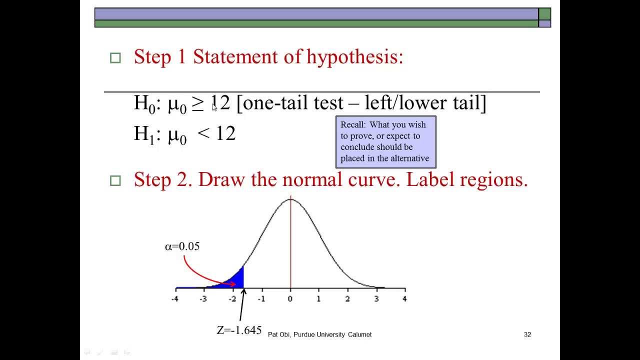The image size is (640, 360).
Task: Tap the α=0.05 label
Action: coord(182,246)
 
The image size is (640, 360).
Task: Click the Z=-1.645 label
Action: coord(239,330)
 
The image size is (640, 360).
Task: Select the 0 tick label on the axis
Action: coord(290,299)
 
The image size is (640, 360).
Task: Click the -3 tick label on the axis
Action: coord(203,299)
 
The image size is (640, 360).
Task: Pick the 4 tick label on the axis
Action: coord(404,299)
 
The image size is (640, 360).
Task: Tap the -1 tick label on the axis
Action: coord(261,299)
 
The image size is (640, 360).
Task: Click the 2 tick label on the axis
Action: coord(347,299)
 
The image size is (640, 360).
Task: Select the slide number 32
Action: coord(527,334)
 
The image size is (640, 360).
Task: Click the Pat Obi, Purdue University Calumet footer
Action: coord(319,334)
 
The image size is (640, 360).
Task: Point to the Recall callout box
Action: coord(385,142)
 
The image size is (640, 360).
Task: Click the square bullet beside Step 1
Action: coord(115,58)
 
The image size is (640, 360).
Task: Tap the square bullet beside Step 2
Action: coord(115,180)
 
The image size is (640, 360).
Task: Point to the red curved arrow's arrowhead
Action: coord(232,284)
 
